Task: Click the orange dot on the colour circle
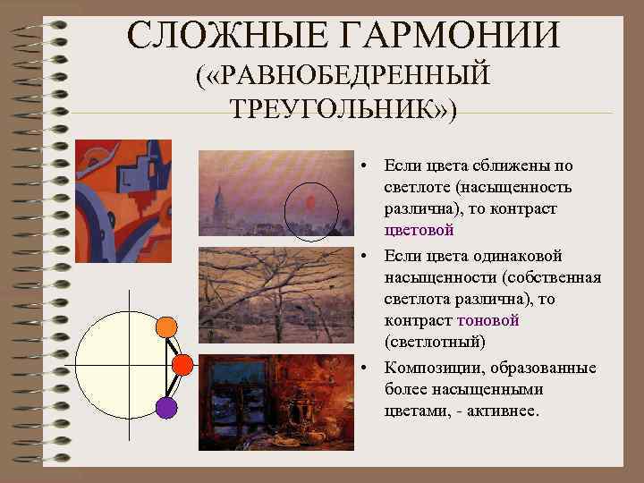coord(165,327)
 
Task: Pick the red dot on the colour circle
coord(182,364)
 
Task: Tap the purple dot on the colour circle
coord(165,407)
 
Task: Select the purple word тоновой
coord(487,320)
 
